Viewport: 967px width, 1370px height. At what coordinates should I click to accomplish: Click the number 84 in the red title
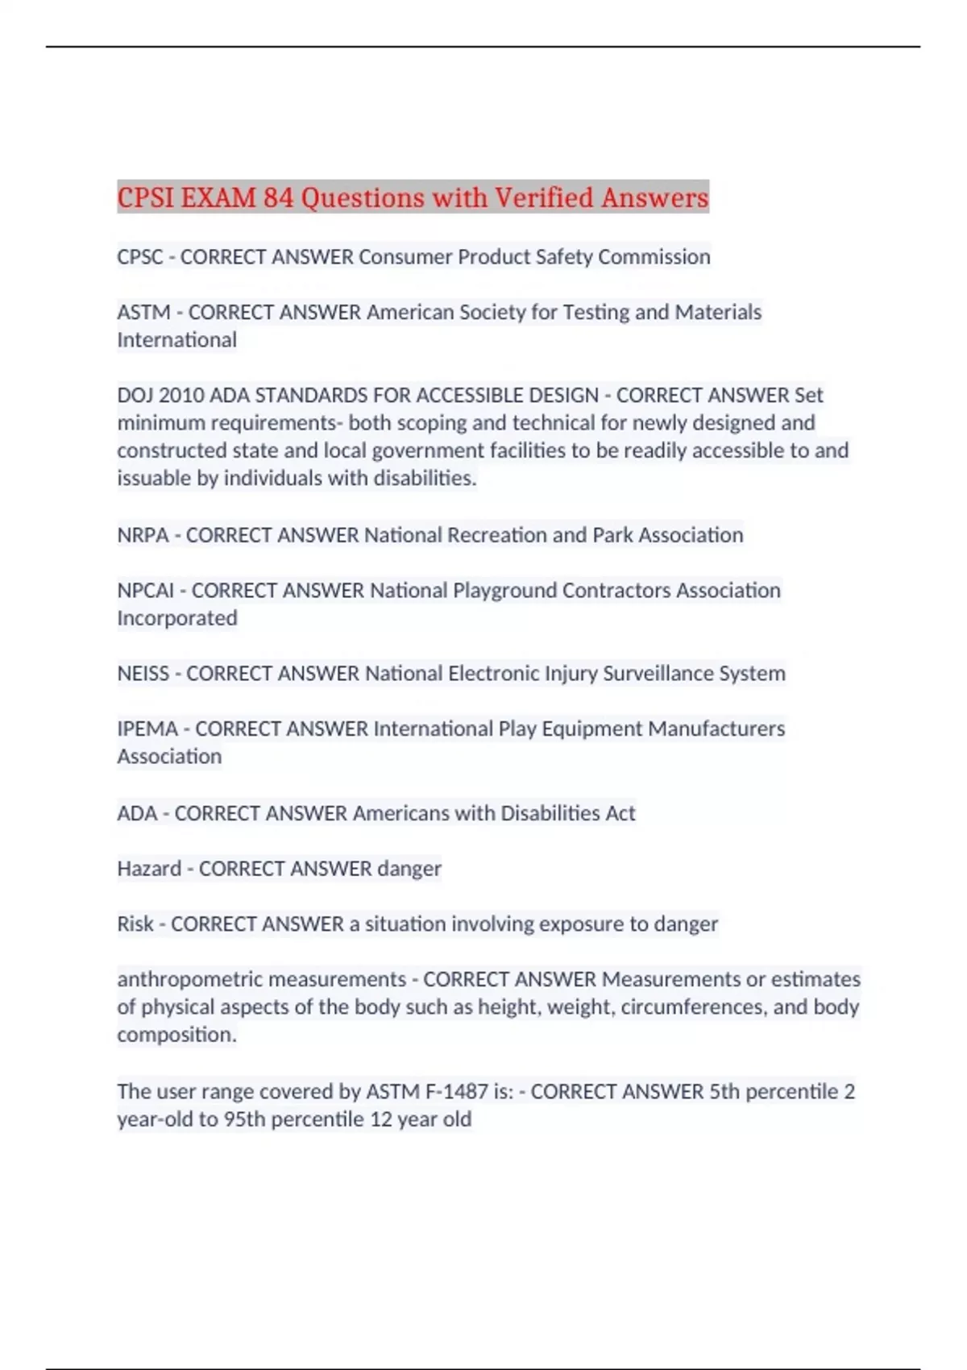[279, 197]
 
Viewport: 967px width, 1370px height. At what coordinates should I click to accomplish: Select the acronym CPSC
[140, 257]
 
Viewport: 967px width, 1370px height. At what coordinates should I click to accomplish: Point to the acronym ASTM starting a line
[143, 312]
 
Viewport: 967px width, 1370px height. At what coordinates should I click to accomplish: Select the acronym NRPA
[143, 535]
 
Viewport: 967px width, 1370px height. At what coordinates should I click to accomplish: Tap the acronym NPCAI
[145, 591]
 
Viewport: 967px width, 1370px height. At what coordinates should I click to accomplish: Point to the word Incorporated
[177, 618]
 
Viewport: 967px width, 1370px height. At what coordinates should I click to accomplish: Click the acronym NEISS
[143, 674]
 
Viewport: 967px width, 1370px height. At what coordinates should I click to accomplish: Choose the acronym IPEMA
[147, 729]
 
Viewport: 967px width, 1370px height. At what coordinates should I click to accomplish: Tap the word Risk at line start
[135, 924]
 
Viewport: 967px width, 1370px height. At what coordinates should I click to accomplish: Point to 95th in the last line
[245, 1119]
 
